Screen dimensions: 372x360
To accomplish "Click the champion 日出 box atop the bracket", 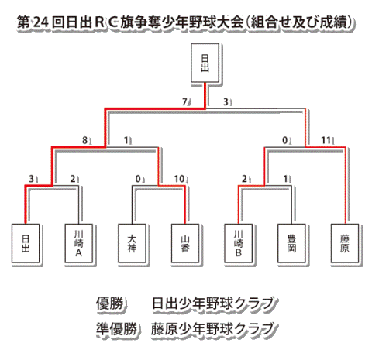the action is coord(205,63).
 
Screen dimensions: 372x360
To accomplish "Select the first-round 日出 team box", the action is coord(26,243).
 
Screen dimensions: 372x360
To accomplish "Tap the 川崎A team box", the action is coord(79,243).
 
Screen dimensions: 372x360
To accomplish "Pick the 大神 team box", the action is coord(132,243).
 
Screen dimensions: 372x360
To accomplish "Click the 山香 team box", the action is coord(185,243).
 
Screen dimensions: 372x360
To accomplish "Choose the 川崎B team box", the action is coord(239,243).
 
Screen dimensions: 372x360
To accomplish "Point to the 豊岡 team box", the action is coord(291,243).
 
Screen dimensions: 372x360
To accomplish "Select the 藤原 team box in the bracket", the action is coord(345,243).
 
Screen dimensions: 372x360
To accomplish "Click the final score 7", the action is coord(184,102).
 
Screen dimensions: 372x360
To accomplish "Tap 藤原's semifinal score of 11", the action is coord(325,140).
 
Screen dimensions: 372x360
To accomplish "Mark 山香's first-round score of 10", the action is coord(179,179).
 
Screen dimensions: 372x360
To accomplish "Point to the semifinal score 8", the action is coord(84,140).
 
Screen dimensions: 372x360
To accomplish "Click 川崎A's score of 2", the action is coord(73,179).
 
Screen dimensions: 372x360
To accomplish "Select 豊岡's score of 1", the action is coord(285,179).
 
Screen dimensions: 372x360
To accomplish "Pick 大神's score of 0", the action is coord(138,179).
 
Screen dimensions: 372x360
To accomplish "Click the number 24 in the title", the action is coord(41,22).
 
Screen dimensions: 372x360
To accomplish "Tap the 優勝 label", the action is coord(109,303).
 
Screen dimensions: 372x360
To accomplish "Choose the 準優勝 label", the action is coord(116,329).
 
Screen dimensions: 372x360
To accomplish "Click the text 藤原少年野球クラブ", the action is coord(212,329).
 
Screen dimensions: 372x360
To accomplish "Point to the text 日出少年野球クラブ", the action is coord(212,303).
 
